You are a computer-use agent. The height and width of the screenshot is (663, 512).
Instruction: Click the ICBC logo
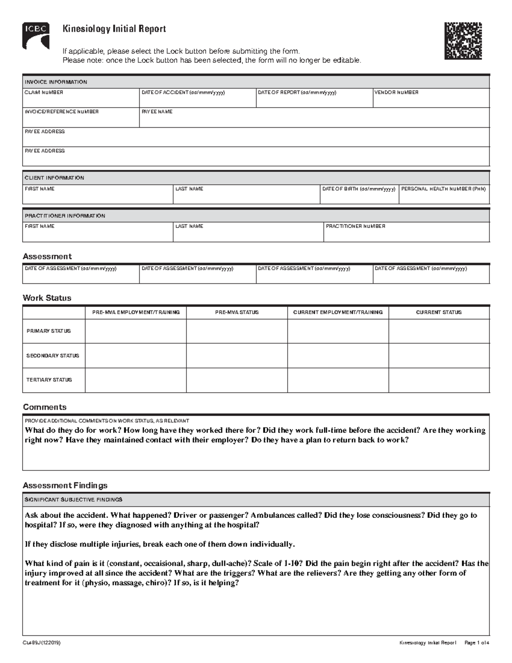pyautogui.click(x=36, y=36)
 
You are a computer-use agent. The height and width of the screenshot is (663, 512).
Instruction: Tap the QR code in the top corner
pyautogui.click(x=463, y=41)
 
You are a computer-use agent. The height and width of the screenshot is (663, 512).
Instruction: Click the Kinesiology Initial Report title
pyautogui.click(x=114, y=29)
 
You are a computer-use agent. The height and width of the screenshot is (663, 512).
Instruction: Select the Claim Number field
pyautogui.click(x=81, y=100)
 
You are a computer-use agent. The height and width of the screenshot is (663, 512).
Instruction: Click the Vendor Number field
pyautogui.click(x=431, y=100)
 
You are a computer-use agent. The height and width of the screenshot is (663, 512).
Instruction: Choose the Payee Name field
pyautogui.click(x=314, y=120)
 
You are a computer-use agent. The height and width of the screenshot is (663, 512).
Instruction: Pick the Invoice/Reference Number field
pyautogui.click(x=81, y=120)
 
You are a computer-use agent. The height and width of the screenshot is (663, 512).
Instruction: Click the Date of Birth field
pyautogui.click(x=359, y=197)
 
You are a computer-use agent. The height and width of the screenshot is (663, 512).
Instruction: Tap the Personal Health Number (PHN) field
pyautogui.click(x=444, y=197)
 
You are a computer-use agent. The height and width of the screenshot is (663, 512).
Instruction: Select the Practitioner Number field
pyautogui.click(x=406, y=234)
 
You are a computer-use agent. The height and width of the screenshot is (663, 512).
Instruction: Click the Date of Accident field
pyautogui.click(x=198, y=100)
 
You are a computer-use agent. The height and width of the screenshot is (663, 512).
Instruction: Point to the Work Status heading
pyautogui.click(x=47, y=298)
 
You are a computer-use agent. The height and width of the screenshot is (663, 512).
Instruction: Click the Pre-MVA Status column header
pyautogui.click(x=237, y=313)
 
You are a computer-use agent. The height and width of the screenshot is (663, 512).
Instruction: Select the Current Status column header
pyautogui.click(x=439, y=313)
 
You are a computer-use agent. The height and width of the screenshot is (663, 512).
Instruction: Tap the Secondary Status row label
pyautogui.click(x=53, y=356)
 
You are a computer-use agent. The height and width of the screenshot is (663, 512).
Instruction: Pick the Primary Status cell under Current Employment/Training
pyautogui.click(x=338, y=331)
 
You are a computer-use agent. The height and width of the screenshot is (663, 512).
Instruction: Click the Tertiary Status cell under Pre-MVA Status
pyautogui.click(x=237, y=380)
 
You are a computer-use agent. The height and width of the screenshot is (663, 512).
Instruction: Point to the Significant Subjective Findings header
pyautogui.click(x=73, y=499)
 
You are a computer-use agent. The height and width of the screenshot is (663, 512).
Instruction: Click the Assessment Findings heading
pyautogui.click(x=65, y=485)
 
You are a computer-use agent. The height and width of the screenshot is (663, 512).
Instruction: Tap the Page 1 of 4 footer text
pyautogui.click(x=477, y=643)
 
